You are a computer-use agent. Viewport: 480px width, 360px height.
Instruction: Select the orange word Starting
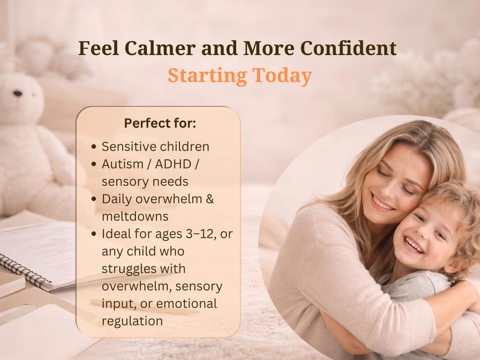[x=207, y=76]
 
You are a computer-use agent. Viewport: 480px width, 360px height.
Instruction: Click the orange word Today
[x=282, y=76]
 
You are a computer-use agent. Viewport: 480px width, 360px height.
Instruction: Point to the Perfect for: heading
[x=160, y=123]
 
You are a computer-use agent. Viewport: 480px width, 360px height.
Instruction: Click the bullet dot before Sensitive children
[x=94, y=147]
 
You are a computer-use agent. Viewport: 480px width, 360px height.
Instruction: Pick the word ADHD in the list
[x=174, y=164]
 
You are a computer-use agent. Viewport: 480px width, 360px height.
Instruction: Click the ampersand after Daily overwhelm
[x=210, y=199]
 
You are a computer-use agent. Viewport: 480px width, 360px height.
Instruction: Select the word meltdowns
[x=135, y=217]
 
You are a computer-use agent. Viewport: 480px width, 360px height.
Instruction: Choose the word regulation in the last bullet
[x=132, y=321]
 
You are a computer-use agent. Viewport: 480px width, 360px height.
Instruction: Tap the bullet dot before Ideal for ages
[x=94, y=234]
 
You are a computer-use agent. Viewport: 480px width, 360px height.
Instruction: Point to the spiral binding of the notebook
[x=25, y=271]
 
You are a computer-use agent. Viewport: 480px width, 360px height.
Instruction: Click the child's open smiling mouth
[x=414, y=245]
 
